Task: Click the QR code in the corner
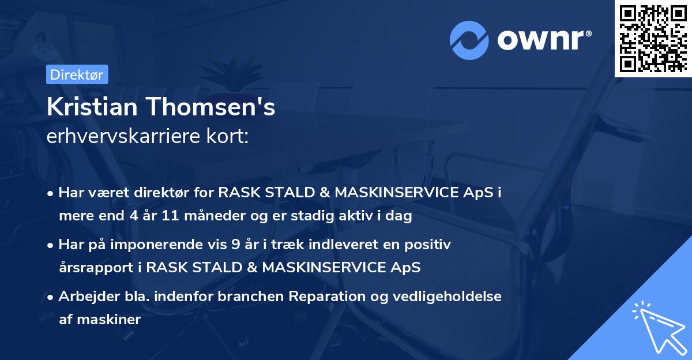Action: click(x=653, y=38)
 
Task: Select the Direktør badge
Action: click(x=77, y=74)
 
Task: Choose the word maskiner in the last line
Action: click(x=108, y=319)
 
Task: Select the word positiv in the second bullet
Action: click(x=429, y=245)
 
